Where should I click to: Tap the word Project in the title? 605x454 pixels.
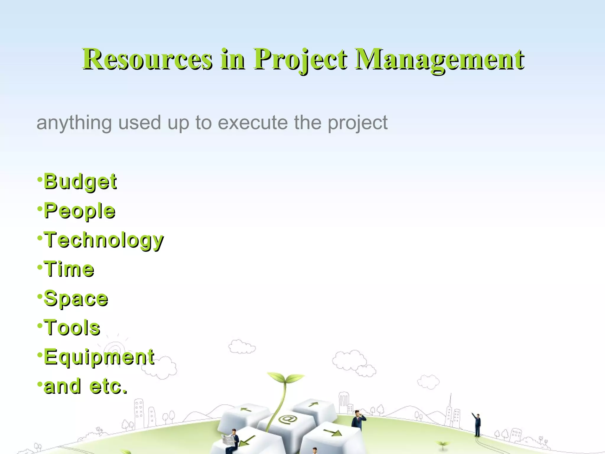click(x=300, y=60)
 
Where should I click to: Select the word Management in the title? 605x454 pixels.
click(x=439, y=60)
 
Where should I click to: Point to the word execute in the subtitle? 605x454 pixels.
click(x=253, y=122)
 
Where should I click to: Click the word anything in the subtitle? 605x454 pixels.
click(x=74, y=123)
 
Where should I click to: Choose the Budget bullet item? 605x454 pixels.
click(x=80, y=181)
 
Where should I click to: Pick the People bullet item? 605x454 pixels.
click(x=79, y=211)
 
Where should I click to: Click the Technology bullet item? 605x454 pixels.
click(x=103, y=240)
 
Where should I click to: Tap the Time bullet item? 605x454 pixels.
click(x=69, y=269)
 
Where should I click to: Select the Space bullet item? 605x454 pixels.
click(x=76, y=299)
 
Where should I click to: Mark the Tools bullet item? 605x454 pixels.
click(x=72, y=327)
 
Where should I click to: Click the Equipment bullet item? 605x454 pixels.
click(x=99, y=357)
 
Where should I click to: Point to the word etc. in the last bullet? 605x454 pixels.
click(x=108, y=386)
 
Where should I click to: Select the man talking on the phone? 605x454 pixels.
click(x=358, y=420)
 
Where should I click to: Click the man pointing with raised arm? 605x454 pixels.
click(x=477, y=424)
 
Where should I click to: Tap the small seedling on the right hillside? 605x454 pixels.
click(x=442, y=444)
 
